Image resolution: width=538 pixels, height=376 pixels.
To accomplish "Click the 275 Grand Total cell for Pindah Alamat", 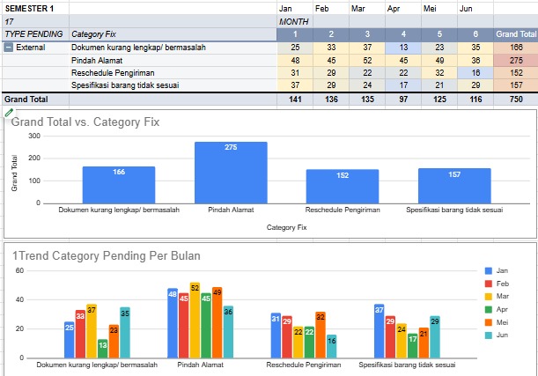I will (x=515, y=60).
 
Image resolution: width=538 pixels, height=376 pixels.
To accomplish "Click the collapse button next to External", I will (x=9, y=47).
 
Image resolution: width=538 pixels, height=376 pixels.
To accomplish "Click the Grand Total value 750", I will (x=515, y=100).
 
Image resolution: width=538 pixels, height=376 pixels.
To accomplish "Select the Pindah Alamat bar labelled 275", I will (x=231, y=173).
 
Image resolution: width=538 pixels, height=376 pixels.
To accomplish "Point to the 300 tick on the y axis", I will (x=34, y=136).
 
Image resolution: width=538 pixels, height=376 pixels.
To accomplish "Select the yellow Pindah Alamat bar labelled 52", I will (x=195, y=321).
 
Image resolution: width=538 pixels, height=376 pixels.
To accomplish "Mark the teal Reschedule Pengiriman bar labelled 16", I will (x=331, y=346).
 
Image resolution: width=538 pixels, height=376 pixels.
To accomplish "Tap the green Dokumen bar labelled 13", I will (x=103, y=348).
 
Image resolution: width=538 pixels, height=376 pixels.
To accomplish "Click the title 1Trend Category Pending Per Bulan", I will (x=106, y=256).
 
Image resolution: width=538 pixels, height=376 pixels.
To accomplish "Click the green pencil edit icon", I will (x=9, y=113).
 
